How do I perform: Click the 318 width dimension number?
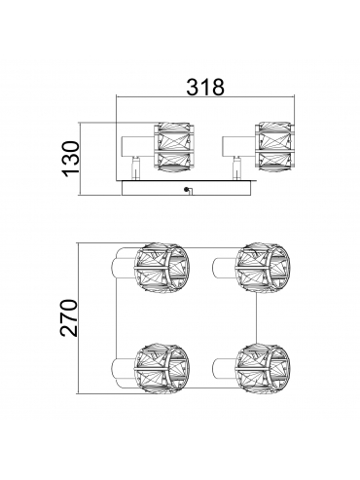tap(205, 87)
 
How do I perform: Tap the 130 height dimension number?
tap(71, 159)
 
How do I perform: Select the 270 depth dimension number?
tap(68, 317)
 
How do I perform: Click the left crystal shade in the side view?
tap(175, 146)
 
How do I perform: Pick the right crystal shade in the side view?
tap(274, 146)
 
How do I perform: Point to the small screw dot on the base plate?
tap(187, 189)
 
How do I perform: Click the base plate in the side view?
tap(187, 188)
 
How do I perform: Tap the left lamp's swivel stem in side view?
tap(136, 168)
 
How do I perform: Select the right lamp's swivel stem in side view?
tap(237, 168)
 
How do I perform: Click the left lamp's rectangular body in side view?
tap(137, 146)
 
